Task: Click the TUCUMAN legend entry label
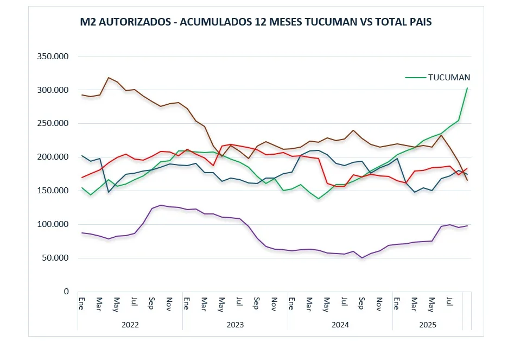(449, 78)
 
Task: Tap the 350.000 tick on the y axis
(53, 56)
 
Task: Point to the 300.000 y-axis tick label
(53, 90)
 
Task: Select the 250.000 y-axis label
(53, 123)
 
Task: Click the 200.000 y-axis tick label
(53, 157)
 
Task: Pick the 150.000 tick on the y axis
(53, 191)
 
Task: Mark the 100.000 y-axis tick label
(53, 224)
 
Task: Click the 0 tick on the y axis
(66, 292)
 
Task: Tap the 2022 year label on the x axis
(130, 325)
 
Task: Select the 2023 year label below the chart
(235, 325)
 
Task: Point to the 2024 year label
(340, 325)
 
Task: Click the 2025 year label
(428, 325)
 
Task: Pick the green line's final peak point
(467, 89)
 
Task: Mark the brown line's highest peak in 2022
(109, 78)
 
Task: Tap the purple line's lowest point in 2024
(362, 258)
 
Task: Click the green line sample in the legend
(415, 78)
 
